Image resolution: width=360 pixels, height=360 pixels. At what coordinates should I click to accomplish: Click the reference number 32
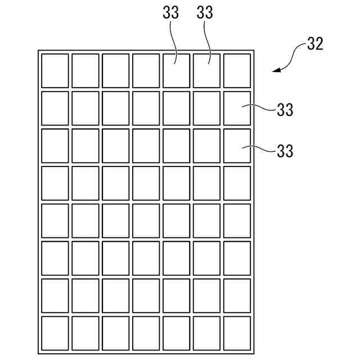(x=315, y=44)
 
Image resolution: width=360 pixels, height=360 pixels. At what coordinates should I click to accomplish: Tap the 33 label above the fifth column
(x=171, y=13)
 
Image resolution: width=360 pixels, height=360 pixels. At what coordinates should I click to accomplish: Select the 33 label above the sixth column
(x=205, y=13)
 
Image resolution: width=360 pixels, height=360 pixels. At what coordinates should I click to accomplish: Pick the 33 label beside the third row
(x=285, y=151)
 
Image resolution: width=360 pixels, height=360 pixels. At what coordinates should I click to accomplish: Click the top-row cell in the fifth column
(x=176, y=70)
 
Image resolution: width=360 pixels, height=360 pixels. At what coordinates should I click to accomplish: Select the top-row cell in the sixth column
(x=206, y=70)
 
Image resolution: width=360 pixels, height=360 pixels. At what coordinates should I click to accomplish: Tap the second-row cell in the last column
(x=237, y=108)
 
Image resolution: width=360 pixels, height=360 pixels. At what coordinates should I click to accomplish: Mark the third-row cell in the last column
(x=237, y=146)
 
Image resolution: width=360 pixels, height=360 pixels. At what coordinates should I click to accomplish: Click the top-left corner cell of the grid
(x=55, y=70)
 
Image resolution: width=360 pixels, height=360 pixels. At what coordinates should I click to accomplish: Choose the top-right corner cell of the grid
(x=237, y=70)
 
